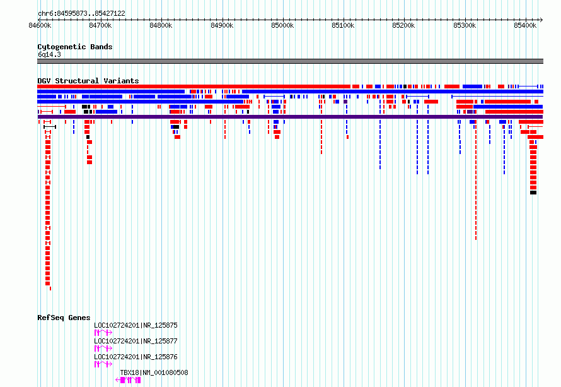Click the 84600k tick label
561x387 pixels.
(x=40, y=25)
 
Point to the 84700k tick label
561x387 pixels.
(x=100, y=25)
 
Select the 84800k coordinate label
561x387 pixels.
(x=161, y=25)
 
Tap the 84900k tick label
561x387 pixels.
(x=222, y=25)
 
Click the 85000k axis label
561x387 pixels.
(x=282, y=25)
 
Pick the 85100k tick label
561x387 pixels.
(x=343, y=25)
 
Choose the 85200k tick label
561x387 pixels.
(x=403, y=25)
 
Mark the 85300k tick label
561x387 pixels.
(x=465, y=25)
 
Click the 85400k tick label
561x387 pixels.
(x=525, y=25)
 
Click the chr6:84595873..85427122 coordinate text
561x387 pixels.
(x=81, y=14)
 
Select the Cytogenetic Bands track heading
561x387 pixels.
(x=75, y=47)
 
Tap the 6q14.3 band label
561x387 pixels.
(x=49, y=54)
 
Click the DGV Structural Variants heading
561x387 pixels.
(x=88, y=81)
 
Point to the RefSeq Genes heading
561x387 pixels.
(x=64, y=318)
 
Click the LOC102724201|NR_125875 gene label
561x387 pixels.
(x=136, y=325)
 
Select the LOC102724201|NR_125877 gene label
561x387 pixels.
(x=136, y=341)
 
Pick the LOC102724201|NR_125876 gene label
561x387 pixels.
(x=136, y=357)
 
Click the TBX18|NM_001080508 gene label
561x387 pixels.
(x=154, y=372)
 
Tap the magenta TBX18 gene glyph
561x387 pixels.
(x=128, y=380)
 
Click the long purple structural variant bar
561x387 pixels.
(x=290, y=117)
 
